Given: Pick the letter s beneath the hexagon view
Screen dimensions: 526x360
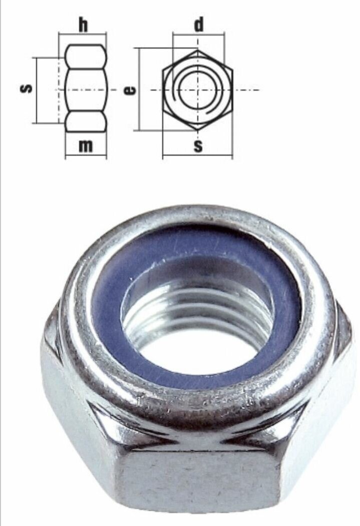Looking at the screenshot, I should tap(198, 146).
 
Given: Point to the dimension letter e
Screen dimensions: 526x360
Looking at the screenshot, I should tap(129, 90).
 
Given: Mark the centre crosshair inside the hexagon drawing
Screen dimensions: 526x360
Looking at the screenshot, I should tap(198, 90).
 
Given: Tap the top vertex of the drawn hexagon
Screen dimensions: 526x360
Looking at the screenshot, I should tap(198, 50).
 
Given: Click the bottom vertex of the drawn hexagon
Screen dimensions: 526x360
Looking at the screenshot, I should tap(198, 130).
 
